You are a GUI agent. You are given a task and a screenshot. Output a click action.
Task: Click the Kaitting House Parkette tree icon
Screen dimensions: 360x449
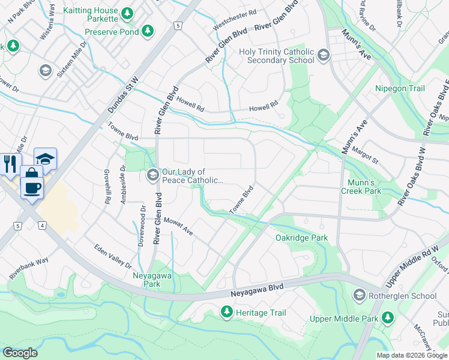coord(127,13)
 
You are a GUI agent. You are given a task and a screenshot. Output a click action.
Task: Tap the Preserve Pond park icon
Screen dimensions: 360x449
coord(148,31)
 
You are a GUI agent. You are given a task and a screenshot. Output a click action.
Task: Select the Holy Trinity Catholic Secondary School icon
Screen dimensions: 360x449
coord(324,56)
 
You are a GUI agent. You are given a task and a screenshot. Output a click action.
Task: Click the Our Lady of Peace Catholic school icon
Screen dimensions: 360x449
coord(152,175)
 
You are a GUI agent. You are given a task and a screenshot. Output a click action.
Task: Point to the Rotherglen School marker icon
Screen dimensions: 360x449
coord(359,295)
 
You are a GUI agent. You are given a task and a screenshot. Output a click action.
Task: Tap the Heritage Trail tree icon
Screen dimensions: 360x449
coord(227,313)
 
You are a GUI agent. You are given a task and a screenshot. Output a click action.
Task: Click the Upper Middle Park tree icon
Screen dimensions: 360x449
coord(388,316)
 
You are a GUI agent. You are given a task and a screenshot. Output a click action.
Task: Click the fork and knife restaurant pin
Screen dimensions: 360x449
coord(11,164)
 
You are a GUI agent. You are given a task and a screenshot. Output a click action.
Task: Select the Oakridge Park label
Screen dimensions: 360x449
coord(301,238)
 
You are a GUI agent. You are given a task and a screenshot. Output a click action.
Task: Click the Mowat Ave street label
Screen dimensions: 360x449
coord(178,227)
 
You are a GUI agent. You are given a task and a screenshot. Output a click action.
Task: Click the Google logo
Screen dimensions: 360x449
coord(20,353)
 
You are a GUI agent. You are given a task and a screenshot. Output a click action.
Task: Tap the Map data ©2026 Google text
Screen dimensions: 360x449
coord(411,355)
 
